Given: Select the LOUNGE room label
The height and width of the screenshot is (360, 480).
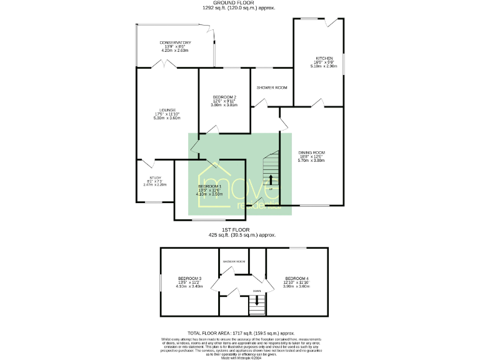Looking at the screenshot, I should click(x=167, y=110).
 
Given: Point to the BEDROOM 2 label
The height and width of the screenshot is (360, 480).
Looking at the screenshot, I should click(x=224, y=97).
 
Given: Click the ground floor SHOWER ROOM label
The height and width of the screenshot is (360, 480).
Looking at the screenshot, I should click(x=272, y=87).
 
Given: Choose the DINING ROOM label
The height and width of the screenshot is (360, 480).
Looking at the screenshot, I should click(x=311, y=152).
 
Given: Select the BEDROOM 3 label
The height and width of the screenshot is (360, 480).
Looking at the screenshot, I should click(x=189, y=277).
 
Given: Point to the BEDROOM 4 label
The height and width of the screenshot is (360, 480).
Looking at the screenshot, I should click(x=297, y=277).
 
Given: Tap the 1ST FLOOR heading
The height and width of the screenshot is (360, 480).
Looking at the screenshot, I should click(x=239, y=231).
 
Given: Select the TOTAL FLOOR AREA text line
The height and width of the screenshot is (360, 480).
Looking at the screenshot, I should click(x=239, y=334).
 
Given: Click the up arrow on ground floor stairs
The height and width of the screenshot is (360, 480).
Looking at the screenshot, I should click(x=271, y=180).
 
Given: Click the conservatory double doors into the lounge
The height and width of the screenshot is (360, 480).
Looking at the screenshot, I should click(x=164, y=64).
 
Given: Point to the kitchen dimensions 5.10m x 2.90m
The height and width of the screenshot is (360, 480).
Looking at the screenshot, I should click(x=325, y=66).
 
